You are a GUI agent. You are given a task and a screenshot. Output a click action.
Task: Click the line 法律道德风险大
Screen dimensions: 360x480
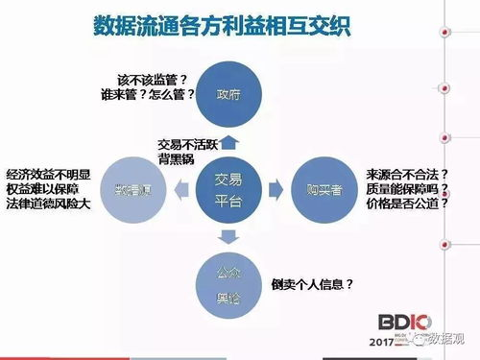48,205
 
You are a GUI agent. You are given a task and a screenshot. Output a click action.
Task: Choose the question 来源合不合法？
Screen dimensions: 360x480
407,175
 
